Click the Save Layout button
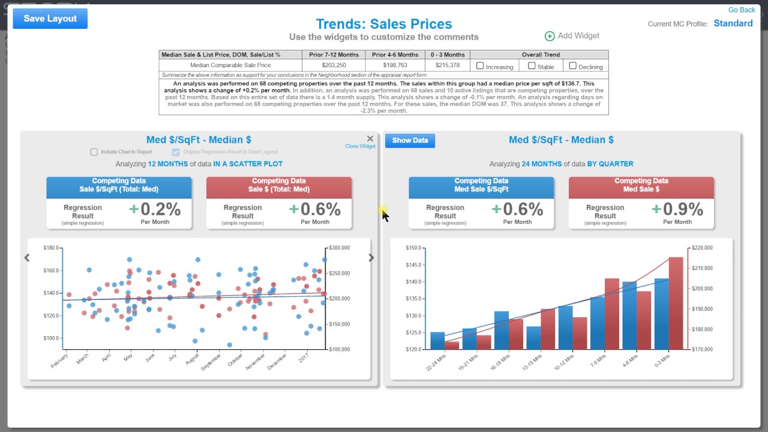pyautogui.click(x=50, y=19)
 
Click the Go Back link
pyautogui.click(x=742, y=10)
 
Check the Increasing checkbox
pyautogui.click(x=480, y=66)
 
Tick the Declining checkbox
pyautogui.click(x=572, y=66)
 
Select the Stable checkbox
pyautogui.click(x=532, y=66)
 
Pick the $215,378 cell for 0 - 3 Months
pyautogui.click(x=447, y=65)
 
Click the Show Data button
pyautogui.click(x=410, y=140)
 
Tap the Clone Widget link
pyautogui.click(x=360, y=146)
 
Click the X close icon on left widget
pyautogui.click(x=370, y=139)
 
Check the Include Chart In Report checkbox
pyautogui.click(x=94, y=152)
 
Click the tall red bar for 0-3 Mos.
pyautogui.click(x=676, y=303)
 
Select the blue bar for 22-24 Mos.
pyautogui.click(x=437, y=340)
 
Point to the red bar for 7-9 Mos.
pyautogui.click(x=611, y=314)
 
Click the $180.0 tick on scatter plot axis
pyautogui.click(x=52, y=248)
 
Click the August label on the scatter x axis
pyautogui.click(x=192, y=360)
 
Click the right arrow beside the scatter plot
pyautogui.click(x=371, y=257)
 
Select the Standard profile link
pyautogui.click(x=733, y=23)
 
